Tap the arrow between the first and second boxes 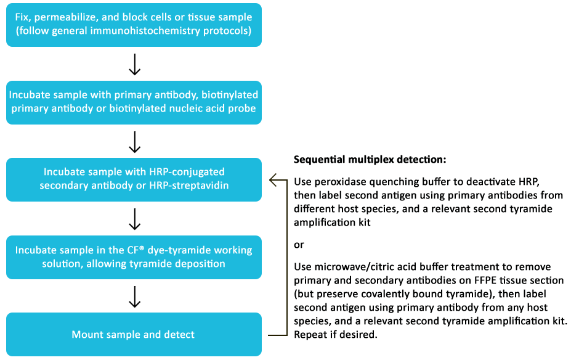(x=134, y=63)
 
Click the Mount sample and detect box (x=134, y=335)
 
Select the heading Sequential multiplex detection (x=370, y=159)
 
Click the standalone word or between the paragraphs (x=299, y=245)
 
